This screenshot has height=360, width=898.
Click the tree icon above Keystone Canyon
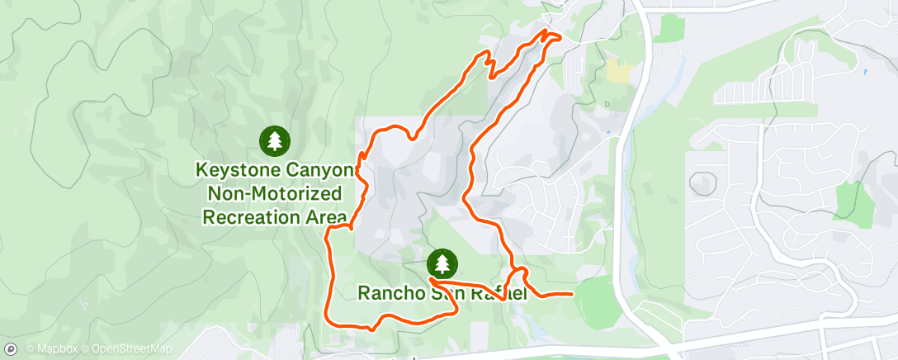[x=274, y=141]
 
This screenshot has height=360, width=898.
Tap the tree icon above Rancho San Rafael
[x=443, y=263]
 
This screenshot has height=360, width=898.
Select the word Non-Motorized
[x=272, y=195]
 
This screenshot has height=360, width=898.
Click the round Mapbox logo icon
[x=12, y=349]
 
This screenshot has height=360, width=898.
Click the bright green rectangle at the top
[x=672, y=28]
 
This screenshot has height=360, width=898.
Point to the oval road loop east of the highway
[x=702, y=182]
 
